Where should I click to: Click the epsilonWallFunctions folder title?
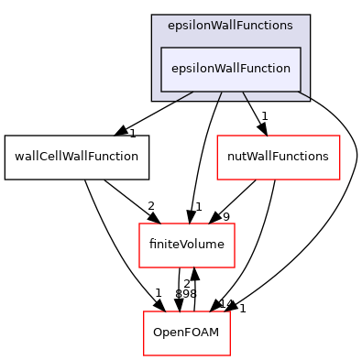click(x=230, y=26)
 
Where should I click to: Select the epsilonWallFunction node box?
click(x=230, y=69)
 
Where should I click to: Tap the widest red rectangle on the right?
click(x=278, y=158)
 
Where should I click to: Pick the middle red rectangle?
click(x=187, y=245)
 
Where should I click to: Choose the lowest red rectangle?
click(x=187, y=333)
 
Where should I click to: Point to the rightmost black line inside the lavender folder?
click(x=303, y=96)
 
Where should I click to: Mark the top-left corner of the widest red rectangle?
click(x=217, y=136)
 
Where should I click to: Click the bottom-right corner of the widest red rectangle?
click(x=340, y=180)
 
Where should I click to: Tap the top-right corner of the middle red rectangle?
click(x=235, y=224)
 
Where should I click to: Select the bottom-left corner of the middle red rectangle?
click(x=139, y=267)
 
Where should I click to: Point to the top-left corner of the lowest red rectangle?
click(x=144, y=311)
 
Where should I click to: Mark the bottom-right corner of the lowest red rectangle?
click(x=229, y=355)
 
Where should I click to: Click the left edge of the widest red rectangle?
click(x=217, y=158)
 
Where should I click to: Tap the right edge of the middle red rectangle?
click(x=235, y=245)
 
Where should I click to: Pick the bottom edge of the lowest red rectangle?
click(x=187, y=355)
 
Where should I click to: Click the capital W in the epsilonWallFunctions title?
click(x=214, y=26)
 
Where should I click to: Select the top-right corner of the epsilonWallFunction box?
click(x=301, y=48)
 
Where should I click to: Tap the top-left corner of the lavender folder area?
click(x=152, y=16)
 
